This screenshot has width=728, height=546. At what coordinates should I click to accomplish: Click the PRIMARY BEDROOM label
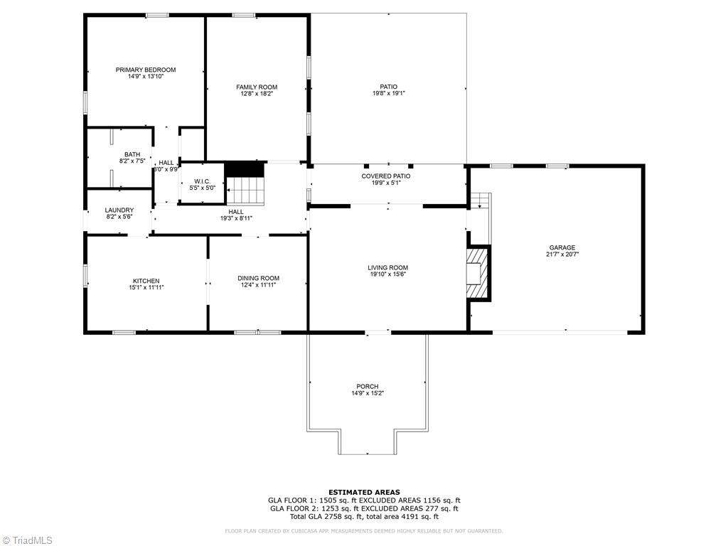tap(146, 70)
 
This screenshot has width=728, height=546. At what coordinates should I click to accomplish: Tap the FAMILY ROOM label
tap(257, 87)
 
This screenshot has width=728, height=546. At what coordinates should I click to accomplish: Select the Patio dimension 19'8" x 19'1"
tap(388, 93)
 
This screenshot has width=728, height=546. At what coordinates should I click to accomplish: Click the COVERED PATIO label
tap(386, 176)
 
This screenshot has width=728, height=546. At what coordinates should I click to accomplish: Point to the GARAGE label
tap(562, 247)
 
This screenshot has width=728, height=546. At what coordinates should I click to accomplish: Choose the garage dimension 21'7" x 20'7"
tap(562, 255)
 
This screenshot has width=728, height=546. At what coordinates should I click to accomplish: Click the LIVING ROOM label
tap(387, 267)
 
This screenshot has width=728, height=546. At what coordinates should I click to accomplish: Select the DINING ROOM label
tap(258, 278)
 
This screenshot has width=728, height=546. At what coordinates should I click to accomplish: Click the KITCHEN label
tap(146, 280)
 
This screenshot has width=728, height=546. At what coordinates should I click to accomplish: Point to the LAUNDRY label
tap(119, 210)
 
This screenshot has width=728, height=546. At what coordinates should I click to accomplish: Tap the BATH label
tap(132, 154)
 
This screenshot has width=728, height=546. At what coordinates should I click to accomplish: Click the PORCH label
tap(368, 386)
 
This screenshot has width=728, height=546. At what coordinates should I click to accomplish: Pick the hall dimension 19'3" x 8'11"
tap(236, 218)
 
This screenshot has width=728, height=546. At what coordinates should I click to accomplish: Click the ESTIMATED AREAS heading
tap(364, 492)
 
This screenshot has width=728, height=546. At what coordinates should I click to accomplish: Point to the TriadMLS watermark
tap(28, 540)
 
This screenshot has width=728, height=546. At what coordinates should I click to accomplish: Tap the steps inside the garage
tap(481, 200)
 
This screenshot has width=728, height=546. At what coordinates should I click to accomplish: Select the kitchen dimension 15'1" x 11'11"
tap(146, 287)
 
